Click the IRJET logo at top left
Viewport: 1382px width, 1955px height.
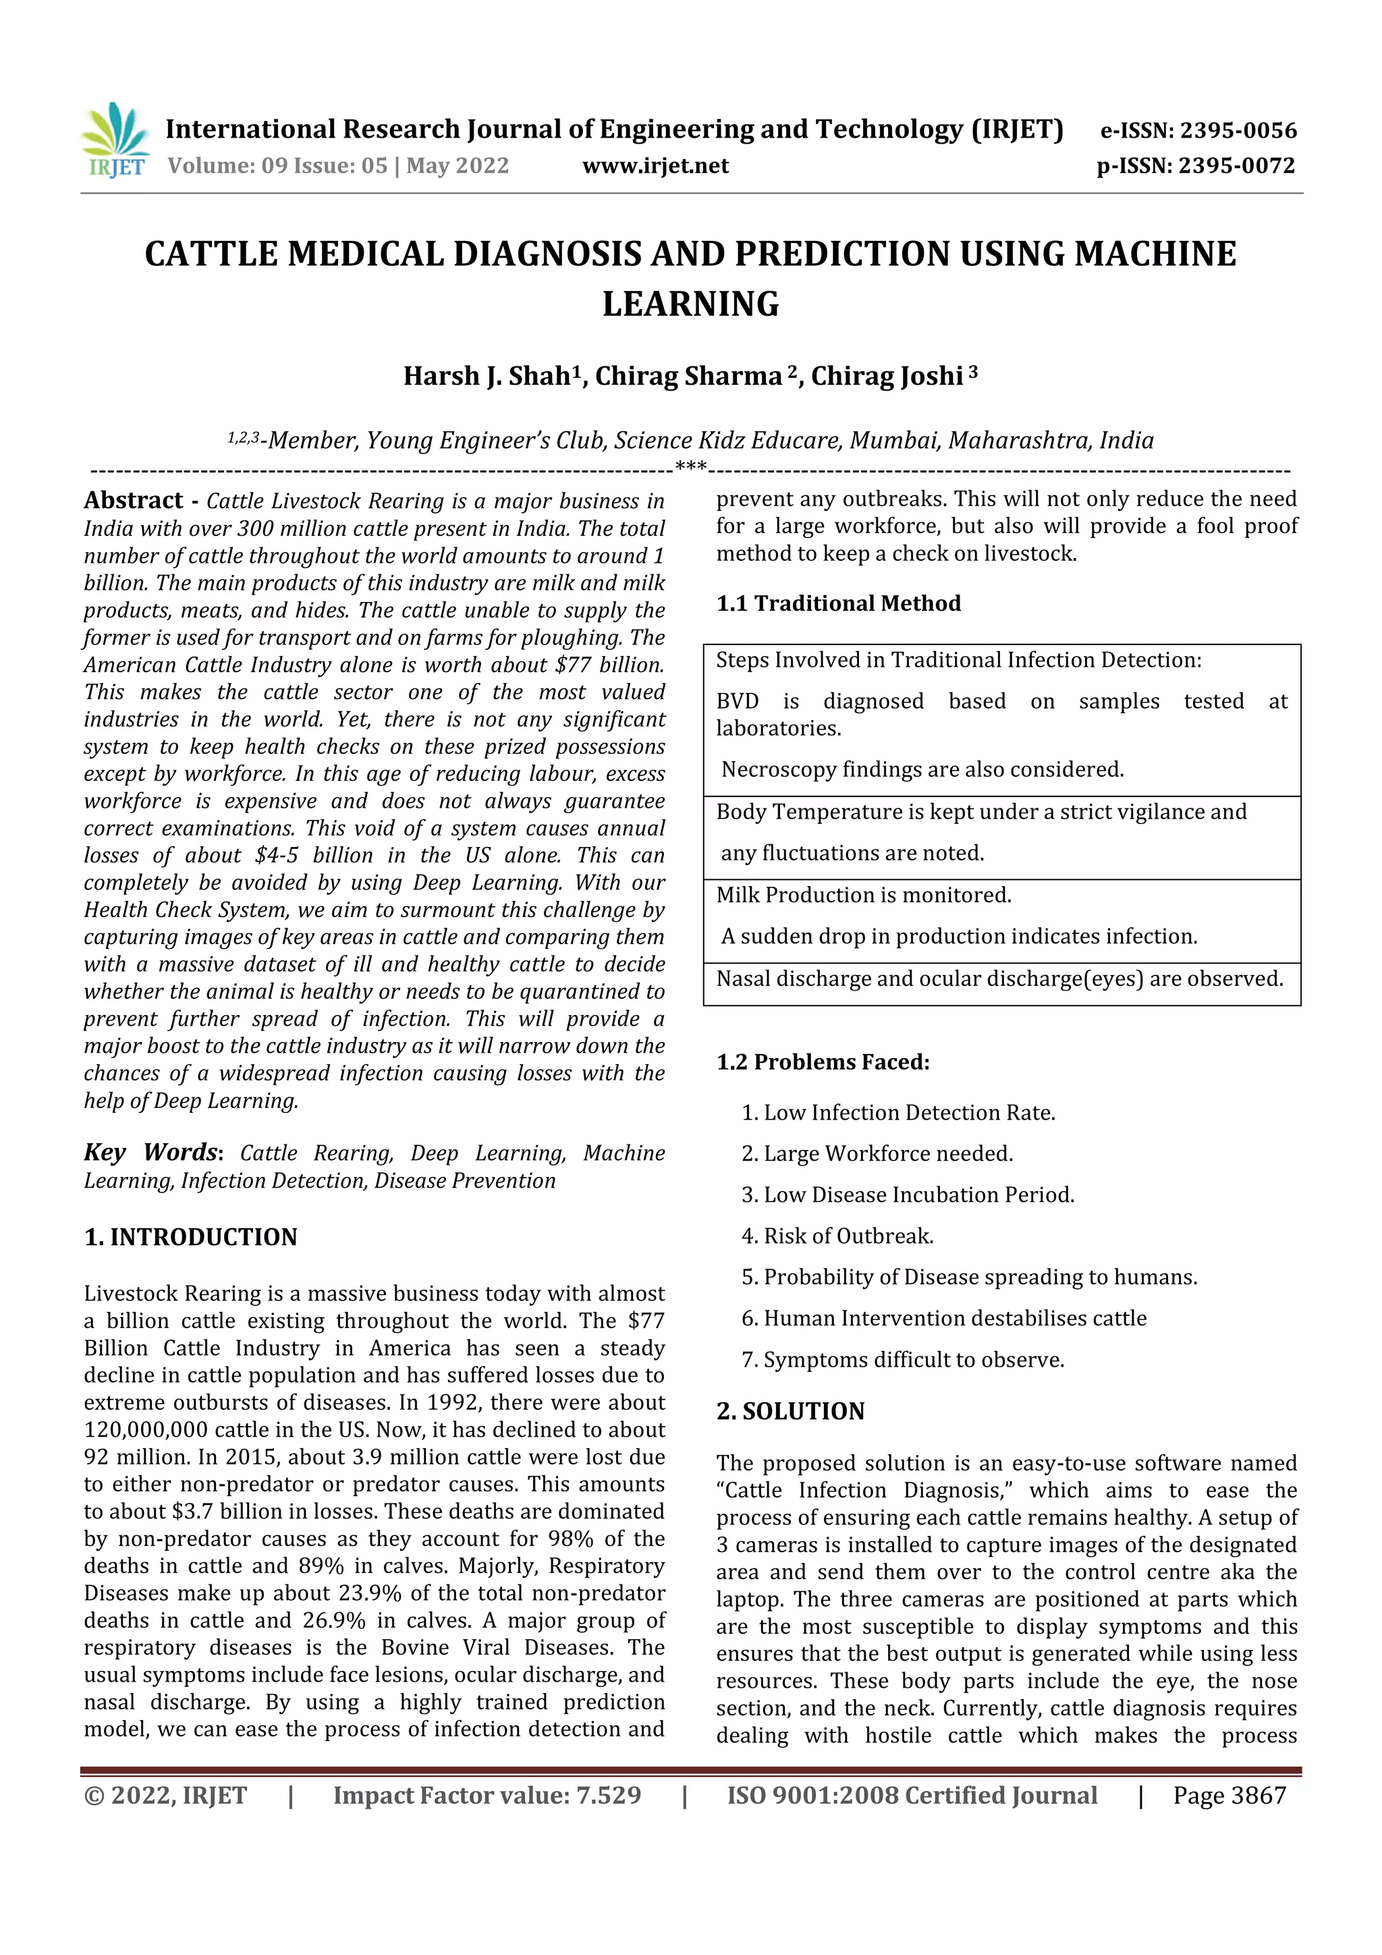(x=115, y=140)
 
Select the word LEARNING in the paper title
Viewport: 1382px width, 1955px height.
(x=690, y=304)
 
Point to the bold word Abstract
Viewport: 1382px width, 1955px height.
(x=134, y=500)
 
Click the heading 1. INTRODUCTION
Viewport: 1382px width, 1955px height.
(x=191, y=1236)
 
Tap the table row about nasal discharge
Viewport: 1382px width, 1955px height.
(x=999, y=979)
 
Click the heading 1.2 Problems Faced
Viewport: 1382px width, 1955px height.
(x=823, y=1062)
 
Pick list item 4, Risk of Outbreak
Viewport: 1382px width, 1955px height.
(x=838, y=1236)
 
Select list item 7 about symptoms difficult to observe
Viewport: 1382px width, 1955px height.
(x=903, y=1359)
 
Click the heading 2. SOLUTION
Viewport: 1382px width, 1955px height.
(x=790, y=1411)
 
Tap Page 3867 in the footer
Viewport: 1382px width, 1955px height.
(x=1229, y=1795)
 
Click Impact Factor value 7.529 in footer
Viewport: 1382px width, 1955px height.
(x=487, y=1795)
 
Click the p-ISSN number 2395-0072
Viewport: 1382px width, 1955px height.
(x=1237, y=165)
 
